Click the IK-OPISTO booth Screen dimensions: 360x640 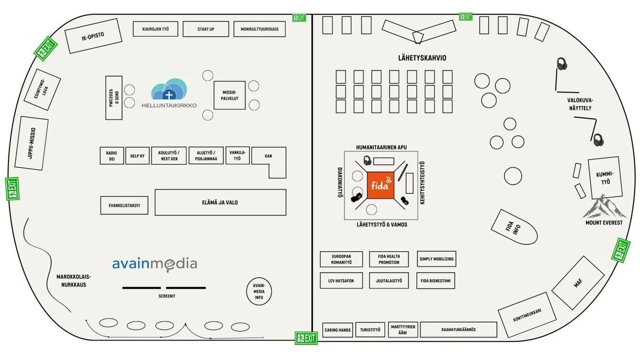point(93,36)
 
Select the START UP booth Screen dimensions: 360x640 point(206,29)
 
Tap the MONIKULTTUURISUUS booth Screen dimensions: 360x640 point(259,29)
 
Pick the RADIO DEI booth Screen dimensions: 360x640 point(111,156)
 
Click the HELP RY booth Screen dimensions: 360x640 point(138,156)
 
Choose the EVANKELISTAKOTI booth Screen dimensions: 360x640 point(124,205)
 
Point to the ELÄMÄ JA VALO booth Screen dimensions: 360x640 point(220,202)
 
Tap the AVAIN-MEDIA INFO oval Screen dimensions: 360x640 point(259,291)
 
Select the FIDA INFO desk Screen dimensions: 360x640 point(513,227)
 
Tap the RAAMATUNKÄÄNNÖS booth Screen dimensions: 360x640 point(459,329)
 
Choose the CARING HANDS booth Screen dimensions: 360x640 point(338,330)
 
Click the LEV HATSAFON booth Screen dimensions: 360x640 point(341,281)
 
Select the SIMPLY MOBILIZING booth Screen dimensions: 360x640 point(437,259)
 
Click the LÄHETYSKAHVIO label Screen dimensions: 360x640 point(422,58)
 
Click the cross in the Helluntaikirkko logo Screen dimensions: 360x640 point(169,95)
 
